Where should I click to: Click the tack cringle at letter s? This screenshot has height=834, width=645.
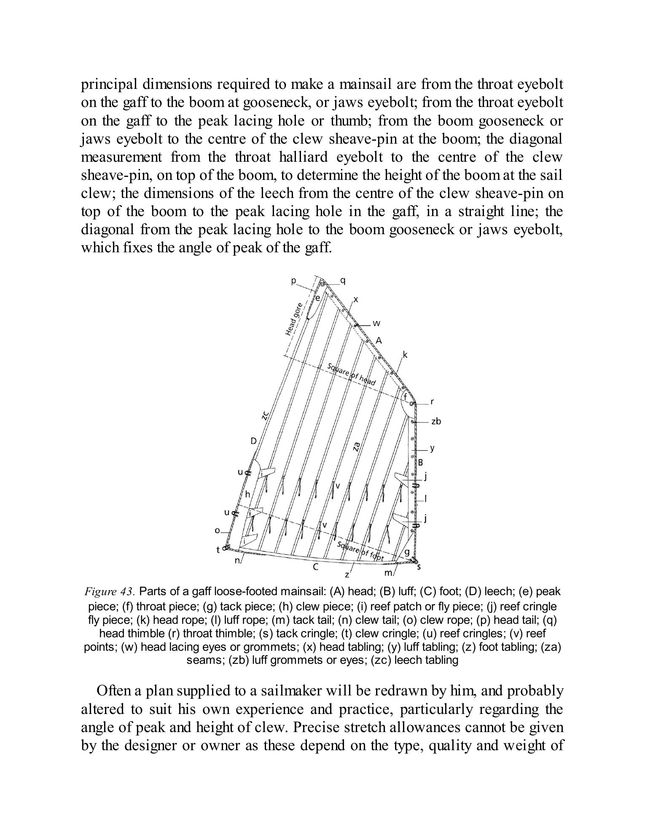pos(415,562)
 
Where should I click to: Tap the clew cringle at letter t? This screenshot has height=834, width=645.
pos(225,547)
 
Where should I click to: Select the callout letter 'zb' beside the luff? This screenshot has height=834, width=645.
pos(436,421)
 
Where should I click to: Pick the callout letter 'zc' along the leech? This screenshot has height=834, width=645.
pos(265,415)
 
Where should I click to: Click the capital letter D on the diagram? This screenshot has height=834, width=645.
pos(253,441)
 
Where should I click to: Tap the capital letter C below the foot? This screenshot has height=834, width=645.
pos(315,567)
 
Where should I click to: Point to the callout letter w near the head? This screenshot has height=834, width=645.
pos(376,324)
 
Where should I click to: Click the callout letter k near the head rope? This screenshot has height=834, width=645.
pos(405,355)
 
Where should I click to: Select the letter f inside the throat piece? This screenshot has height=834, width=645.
pos(406,397)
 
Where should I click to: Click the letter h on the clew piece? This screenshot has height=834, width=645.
pos(248,494)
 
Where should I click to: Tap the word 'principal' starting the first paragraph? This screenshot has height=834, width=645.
pos(109,85)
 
